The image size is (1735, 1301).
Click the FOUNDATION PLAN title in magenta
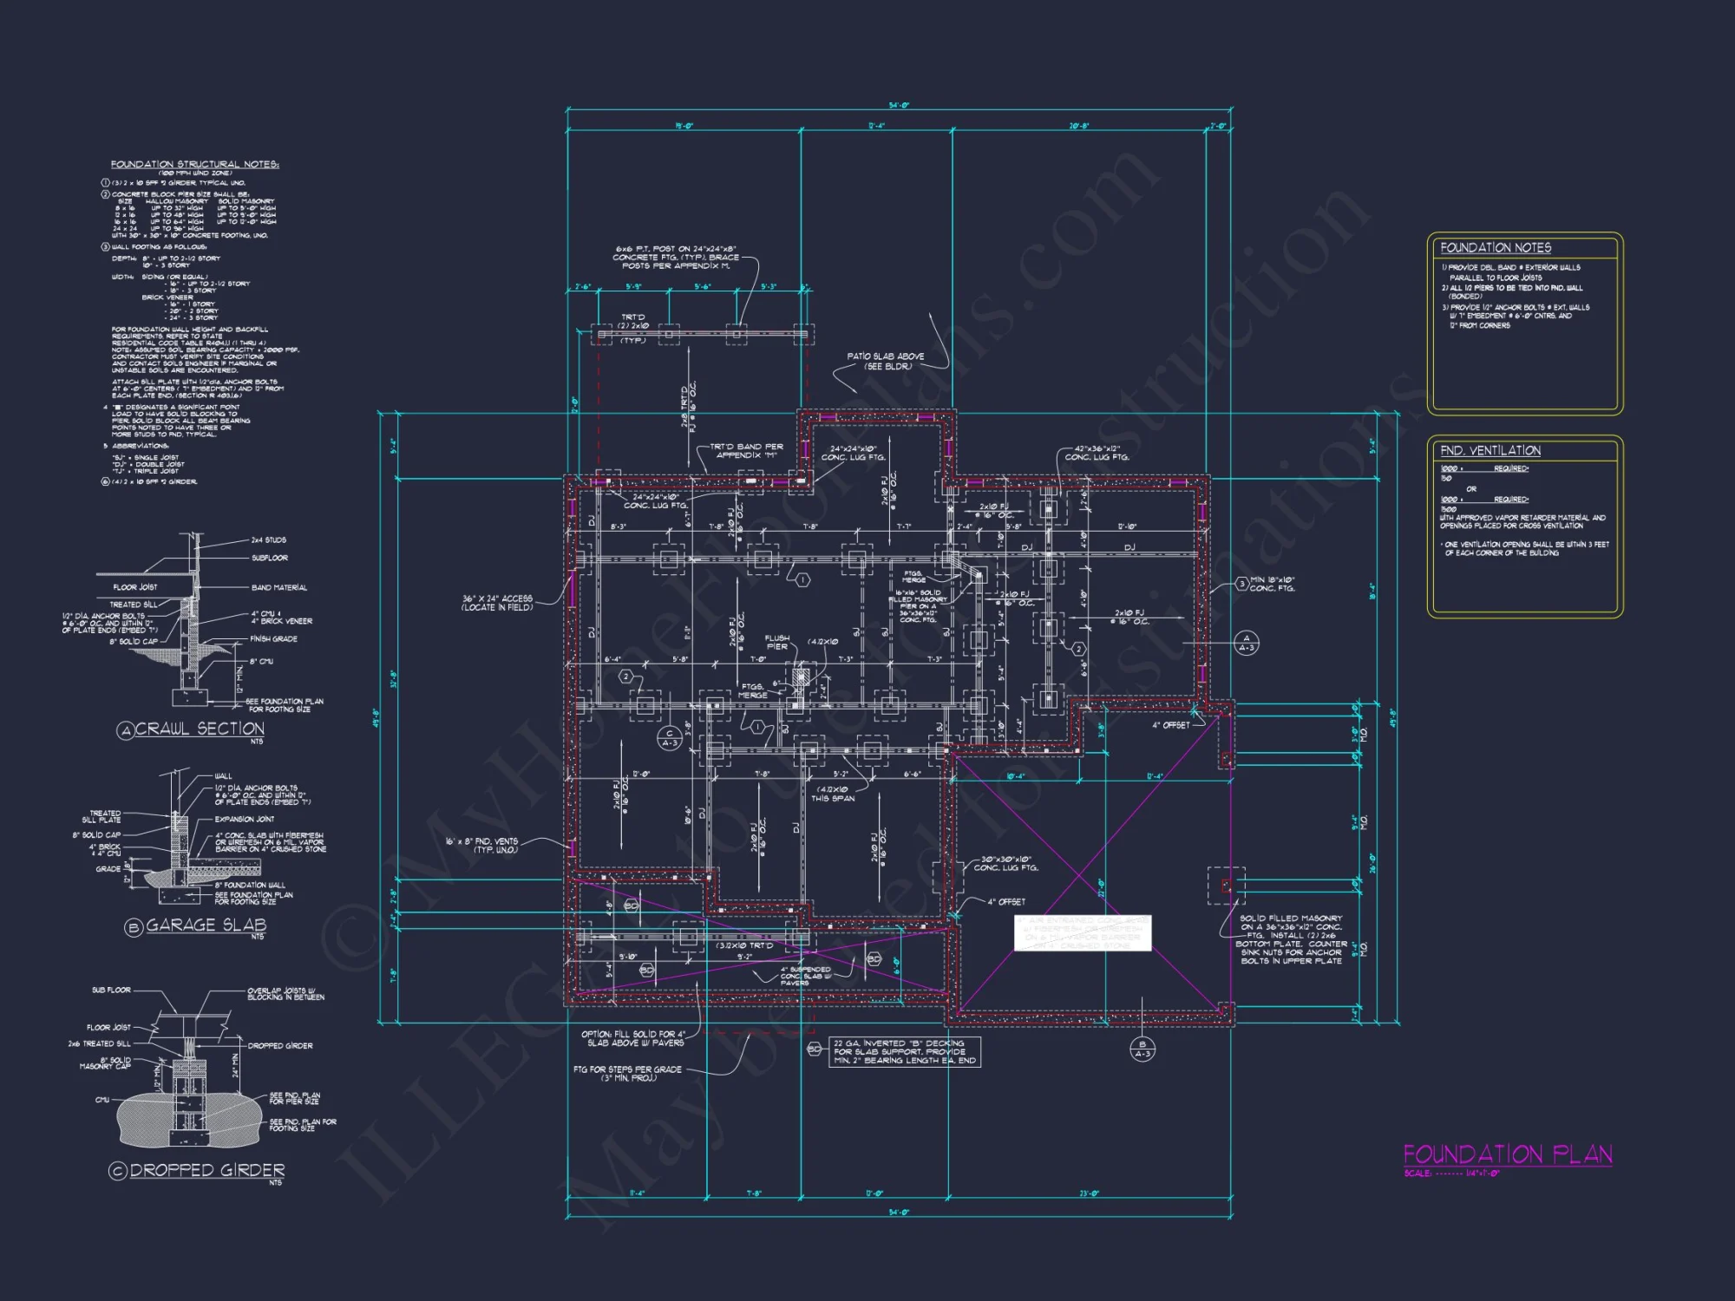1507,1154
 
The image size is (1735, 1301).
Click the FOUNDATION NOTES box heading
1496,248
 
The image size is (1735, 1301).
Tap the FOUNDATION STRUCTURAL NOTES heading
194,164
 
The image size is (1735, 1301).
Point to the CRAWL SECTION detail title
200,729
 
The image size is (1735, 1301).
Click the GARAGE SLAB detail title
206,925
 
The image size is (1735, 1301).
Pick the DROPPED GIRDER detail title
206,1170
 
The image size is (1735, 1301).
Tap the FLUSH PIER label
777,642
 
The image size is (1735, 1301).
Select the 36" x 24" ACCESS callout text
497,603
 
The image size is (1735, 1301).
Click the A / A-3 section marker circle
1246,643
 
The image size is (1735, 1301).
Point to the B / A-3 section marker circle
1142,1049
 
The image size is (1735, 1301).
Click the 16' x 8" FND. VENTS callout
482,846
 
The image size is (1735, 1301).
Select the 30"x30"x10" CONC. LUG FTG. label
1005,863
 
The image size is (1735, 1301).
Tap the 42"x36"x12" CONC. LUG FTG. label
1097,453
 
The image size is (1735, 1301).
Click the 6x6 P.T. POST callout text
676,257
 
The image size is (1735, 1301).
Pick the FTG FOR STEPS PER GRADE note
627,1074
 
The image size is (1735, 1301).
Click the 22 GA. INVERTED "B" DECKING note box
905,1052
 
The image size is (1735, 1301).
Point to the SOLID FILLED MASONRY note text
1291,939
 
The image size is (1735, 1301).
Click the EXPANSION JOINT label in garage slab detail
244,819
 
